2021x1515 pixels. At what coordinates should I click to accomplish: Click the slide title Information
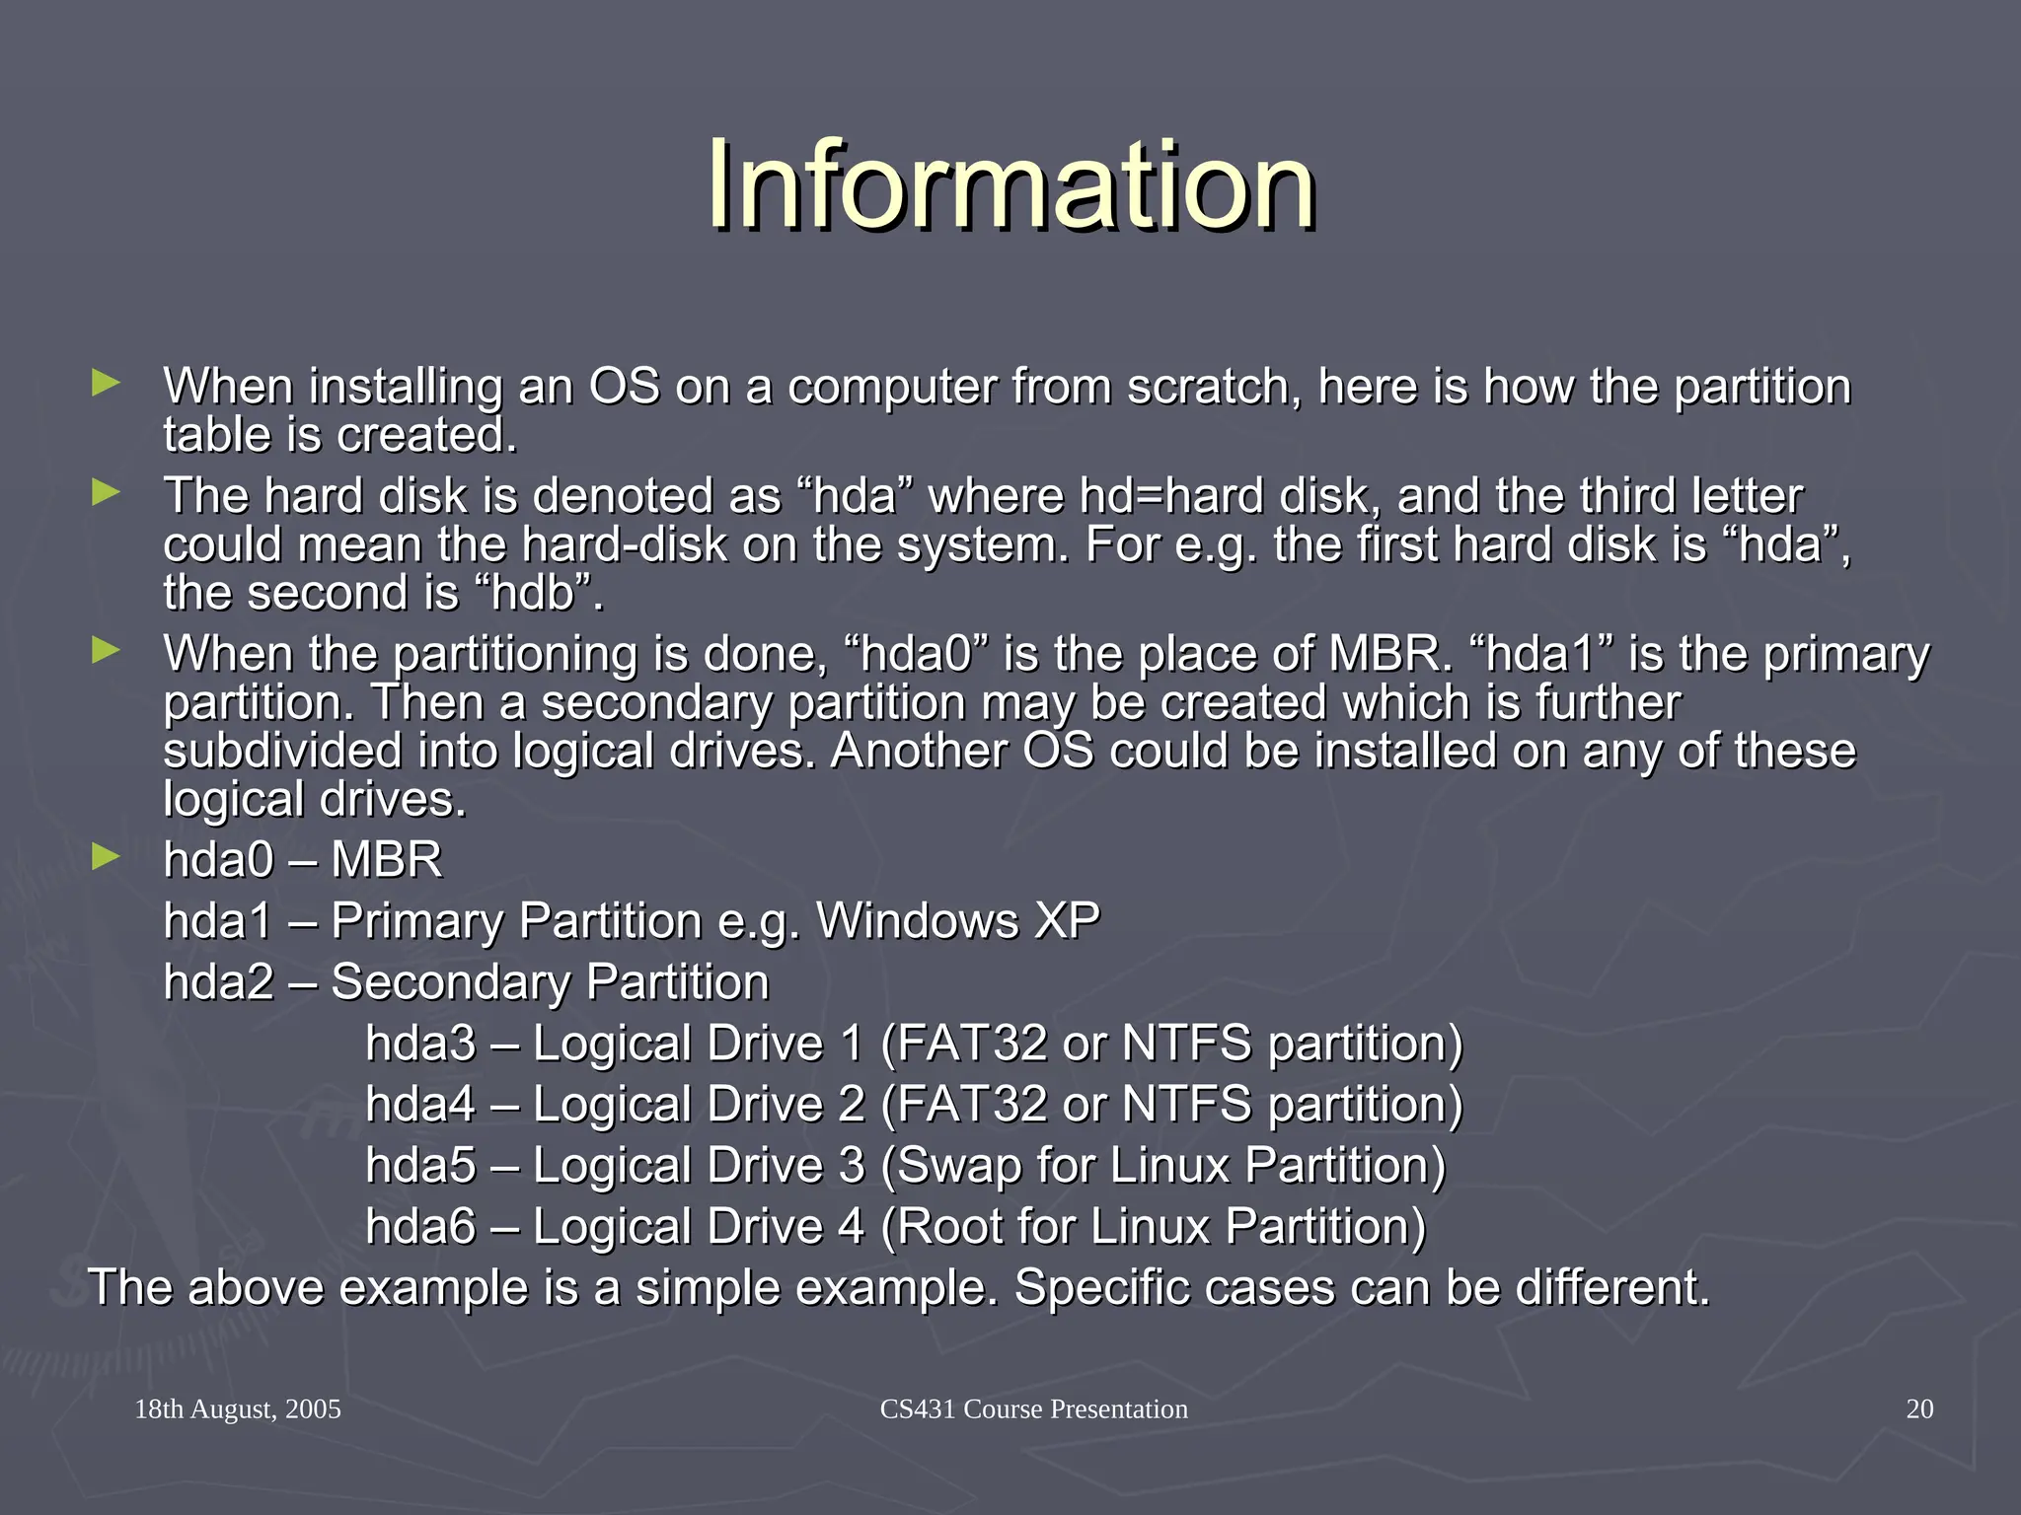point(1010,185)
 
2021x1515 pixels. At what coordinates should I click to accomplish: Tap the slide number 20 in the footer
point(1918,1408)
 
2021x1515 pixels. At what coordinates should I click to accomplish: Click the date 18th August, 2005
point(238,1408)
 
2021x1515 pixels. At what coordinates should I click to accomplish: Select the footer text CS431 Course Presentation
point(1033,1408)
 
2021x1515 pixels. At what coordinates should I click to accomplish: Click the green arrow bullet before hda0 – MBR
point(106,856)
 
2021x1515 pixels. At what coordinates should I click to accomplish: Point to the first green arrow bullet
point(106,383)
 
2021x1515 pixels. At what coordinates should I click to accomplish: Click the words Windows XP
point(957,921)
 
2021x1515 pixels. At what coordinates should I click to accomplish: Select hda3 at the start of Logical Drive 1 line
point(420,1044)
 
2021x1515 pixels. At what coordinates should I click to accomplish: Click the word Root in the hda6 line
point(947,1227)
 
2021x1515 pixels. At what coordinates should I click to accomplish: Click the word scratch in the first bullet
point(1207,386)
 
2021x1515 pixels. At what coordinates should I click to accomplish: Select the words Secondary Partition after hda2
point(550,982)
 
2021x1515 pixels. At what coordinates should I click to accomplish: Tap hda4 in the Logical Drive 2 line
point(420,1105)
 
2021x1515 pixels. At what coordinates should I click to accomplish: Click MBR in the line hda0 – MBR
point(386,860)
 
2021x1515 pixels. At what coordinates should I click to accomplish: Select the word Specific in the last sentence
point(1095,1288)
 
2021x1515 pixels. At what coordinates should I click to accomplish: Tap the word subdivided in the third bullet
point(282,751)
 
